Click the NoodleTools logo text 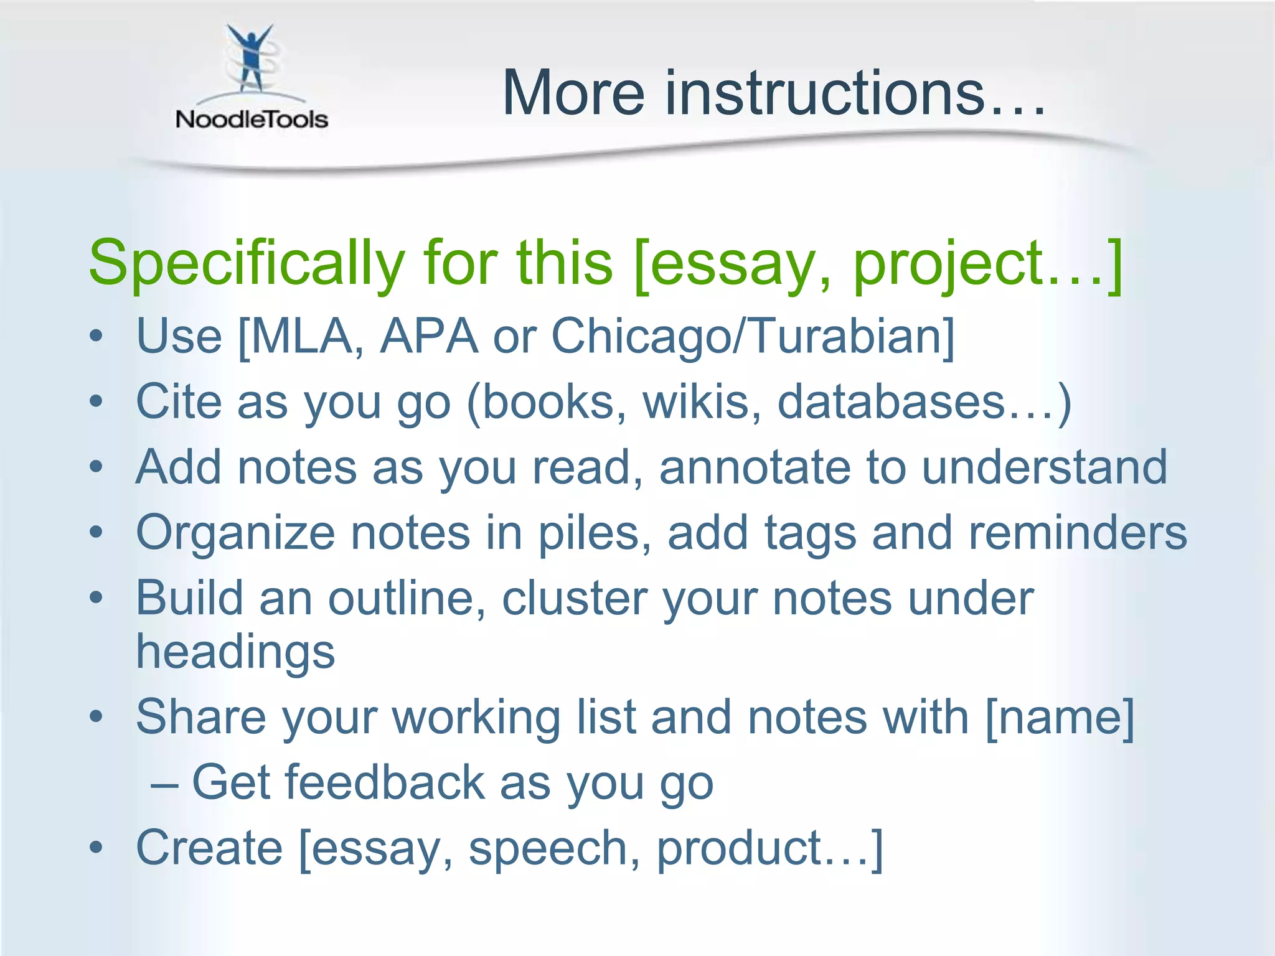click(252, 119)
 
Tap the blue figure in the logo click(250, 59)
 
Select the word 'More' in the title click(573, 93)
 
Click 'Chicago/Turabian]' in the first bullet click(753, 337)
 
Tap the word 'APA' click(429, 337)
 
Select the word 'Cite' click(179, 401)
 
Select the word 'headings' click(235, 653)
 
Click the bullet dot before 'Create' click(96, 848)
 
